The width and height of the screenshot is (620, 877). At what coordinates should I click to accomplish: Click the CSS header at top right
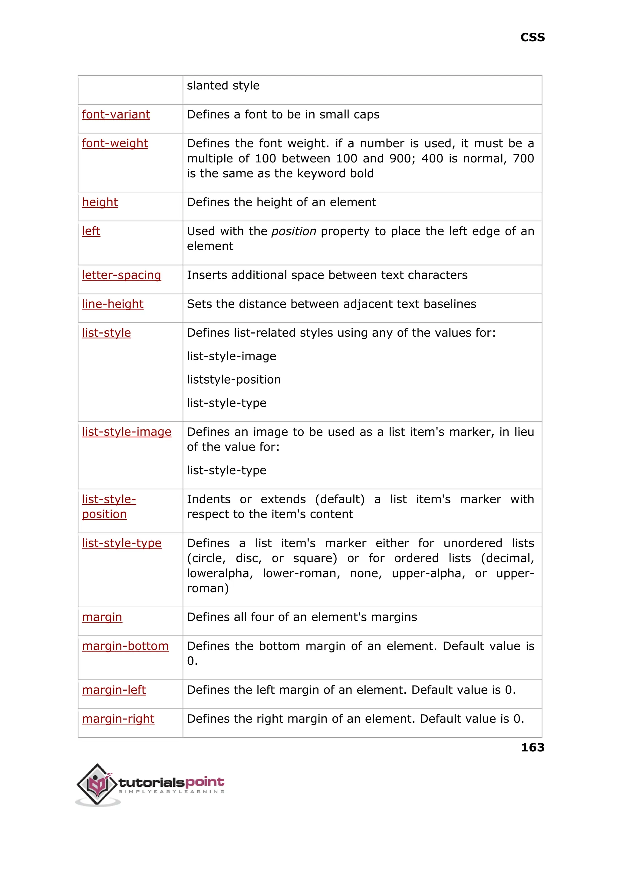[x=532, y=38]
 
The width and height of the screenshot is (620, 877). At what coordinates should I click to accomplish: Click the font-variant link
[x=116, y=114]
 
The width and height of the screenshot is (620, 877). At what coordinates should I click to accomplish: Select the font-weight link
[x=115, y=143]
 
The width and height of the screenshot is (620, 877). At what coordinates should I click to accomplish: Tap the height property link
[x=100, y=202]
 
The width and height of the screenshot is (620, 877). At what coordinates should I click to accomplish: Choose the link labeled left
[x=91, y=231]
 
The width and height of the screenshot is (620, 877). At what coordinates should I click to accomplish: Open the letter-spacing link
[x=121, y=275]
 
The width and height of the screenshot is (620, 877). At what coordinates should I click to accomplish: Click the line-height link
[x=113, y=304]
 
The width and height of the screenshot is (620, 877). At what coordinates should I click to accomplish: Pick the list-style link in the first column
[x=106, y=333]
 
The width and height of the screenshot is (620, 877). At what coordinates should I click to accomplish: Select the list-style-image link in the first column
[x=126, y=432]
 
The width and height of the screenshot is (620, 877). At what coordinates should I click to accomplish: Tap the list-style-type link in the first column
[x=121, y=543]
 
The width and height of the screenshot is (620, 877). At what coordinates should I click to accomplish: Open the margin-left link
[x=114, y=690]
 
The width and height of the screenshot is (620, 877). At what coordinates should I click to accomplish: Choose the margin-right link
[x=118, y=719]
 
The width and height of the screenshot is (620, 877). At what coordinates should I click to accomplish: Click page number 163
[x=532, y=747]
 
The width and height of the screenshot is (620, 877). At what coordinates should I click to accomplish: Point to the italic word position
[x=294, y=231]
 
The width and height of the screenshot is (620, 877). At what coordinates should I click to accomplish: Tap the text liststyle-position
[x=234, y=379]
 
